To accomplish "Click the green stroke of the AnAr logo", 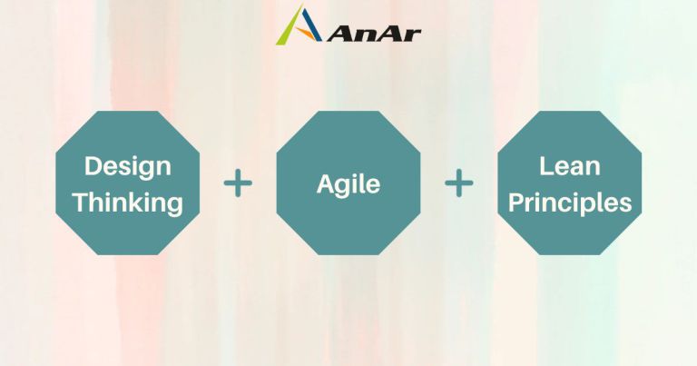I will [x=287, y=29].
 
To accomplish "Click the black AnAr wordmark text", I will [x=374, y=33].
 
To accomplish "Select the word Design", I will [x=127, y=167].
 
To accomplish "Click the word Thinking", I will [x=127, y=202].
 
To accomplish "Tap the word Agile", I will [x=348, y=184].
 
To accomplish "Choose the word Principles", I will [x=570, y=202].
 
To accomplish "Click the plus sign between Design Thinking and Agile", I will [x=238, y=183].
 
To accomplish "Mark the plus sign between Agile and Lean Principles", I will [x=459, y=183].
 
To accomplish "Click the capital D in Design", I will [x=93, y=166].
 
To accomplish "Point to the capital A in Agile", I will [x=325, y=183].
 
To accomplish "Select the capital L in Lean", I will [x=545, y=165].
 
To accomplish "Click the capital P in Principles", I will [x=515, y=201].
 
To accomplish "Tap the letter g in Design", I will [x=143, y=170].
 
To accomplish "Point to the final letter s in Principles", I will [x=624, y=203].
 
